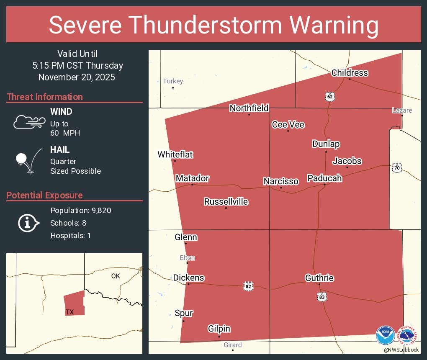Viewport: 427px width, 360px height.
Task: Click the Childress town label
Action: click(x=350, y=73)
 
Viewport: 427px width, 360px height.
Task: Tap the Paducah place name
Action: click(x=324, y=178)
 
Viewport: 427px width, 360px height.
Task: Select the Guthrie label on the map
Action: click(x=319, y=278)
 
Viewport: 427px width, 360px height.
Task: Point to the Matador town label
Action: click(x=192, y=178)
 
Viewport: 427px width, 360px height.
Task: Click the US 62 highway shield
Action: click(x=330, y=97)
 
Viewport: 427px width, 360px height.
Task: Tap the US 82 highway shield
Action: click(x=249, y=286)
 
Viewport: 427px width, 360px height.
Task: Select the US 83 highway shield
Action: click(x=322, y=297)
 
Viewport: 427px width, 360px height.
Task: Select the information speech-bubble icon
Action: click(x=28, y=223)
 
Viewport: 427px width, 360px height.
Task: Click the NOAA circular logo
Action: click(x=385, y=336)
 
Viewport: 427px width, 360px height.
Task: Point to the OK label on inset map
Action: click(x=116, y=276)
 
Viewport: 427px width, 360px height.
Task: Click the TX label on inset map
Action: click(x=69, y=312)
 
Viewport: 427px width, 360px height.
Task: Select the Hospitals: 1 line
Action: click(x=70, y=236)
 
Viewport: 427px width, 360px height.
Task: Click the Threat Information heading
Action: click(x=45, y=97)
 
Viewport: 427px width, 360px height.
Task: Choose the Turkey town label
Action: click(x=173, y=81)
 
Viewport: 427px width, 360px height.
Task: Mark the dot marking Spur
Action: click(x=183, y=321)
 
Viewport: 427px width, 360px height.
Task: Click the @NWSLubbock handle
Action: click(x=401, y=350)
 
